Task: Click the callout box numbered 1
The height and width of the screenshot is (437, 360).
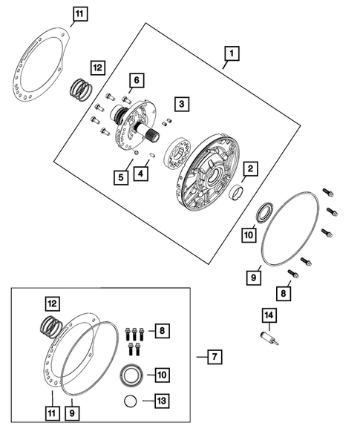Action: click(232, 53)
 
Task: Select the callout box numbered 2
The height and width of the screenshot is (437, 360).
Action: click(250, 168)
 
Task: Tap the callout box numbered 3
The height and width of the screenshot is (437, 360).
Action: click(182, 104)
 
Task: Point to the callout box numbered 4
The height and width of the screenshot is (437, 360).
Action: click(140, 174)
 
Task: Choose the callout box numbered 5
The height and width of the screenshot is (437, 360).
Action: click(121, 177)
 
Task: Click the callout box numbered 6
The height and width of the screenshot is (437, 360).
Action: click(137, 80)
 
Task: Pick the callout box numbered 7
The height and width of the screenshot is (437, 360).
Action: click(215, 357)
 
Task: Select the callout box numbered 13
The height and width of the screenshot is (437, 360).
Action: click(162, 401)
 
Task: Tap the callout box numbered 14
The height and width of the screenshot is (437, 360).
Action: click(269, 315)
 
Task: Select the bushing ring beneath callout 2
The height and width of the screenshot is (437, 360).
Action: click(236, 192)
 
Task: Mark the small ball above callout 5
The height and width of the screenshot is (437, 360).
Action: click(136, 152)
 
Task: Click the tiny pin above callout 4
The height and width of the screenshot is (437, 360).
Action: click(151, 154)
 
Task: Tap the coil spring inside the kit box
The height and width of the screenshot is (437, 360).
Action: click(51, 326)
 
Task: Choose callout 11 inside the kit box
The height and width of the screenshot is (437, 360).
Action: click(52, 413)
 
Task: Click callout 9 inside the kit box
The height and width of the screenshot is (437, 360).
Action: click(72, 413)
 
